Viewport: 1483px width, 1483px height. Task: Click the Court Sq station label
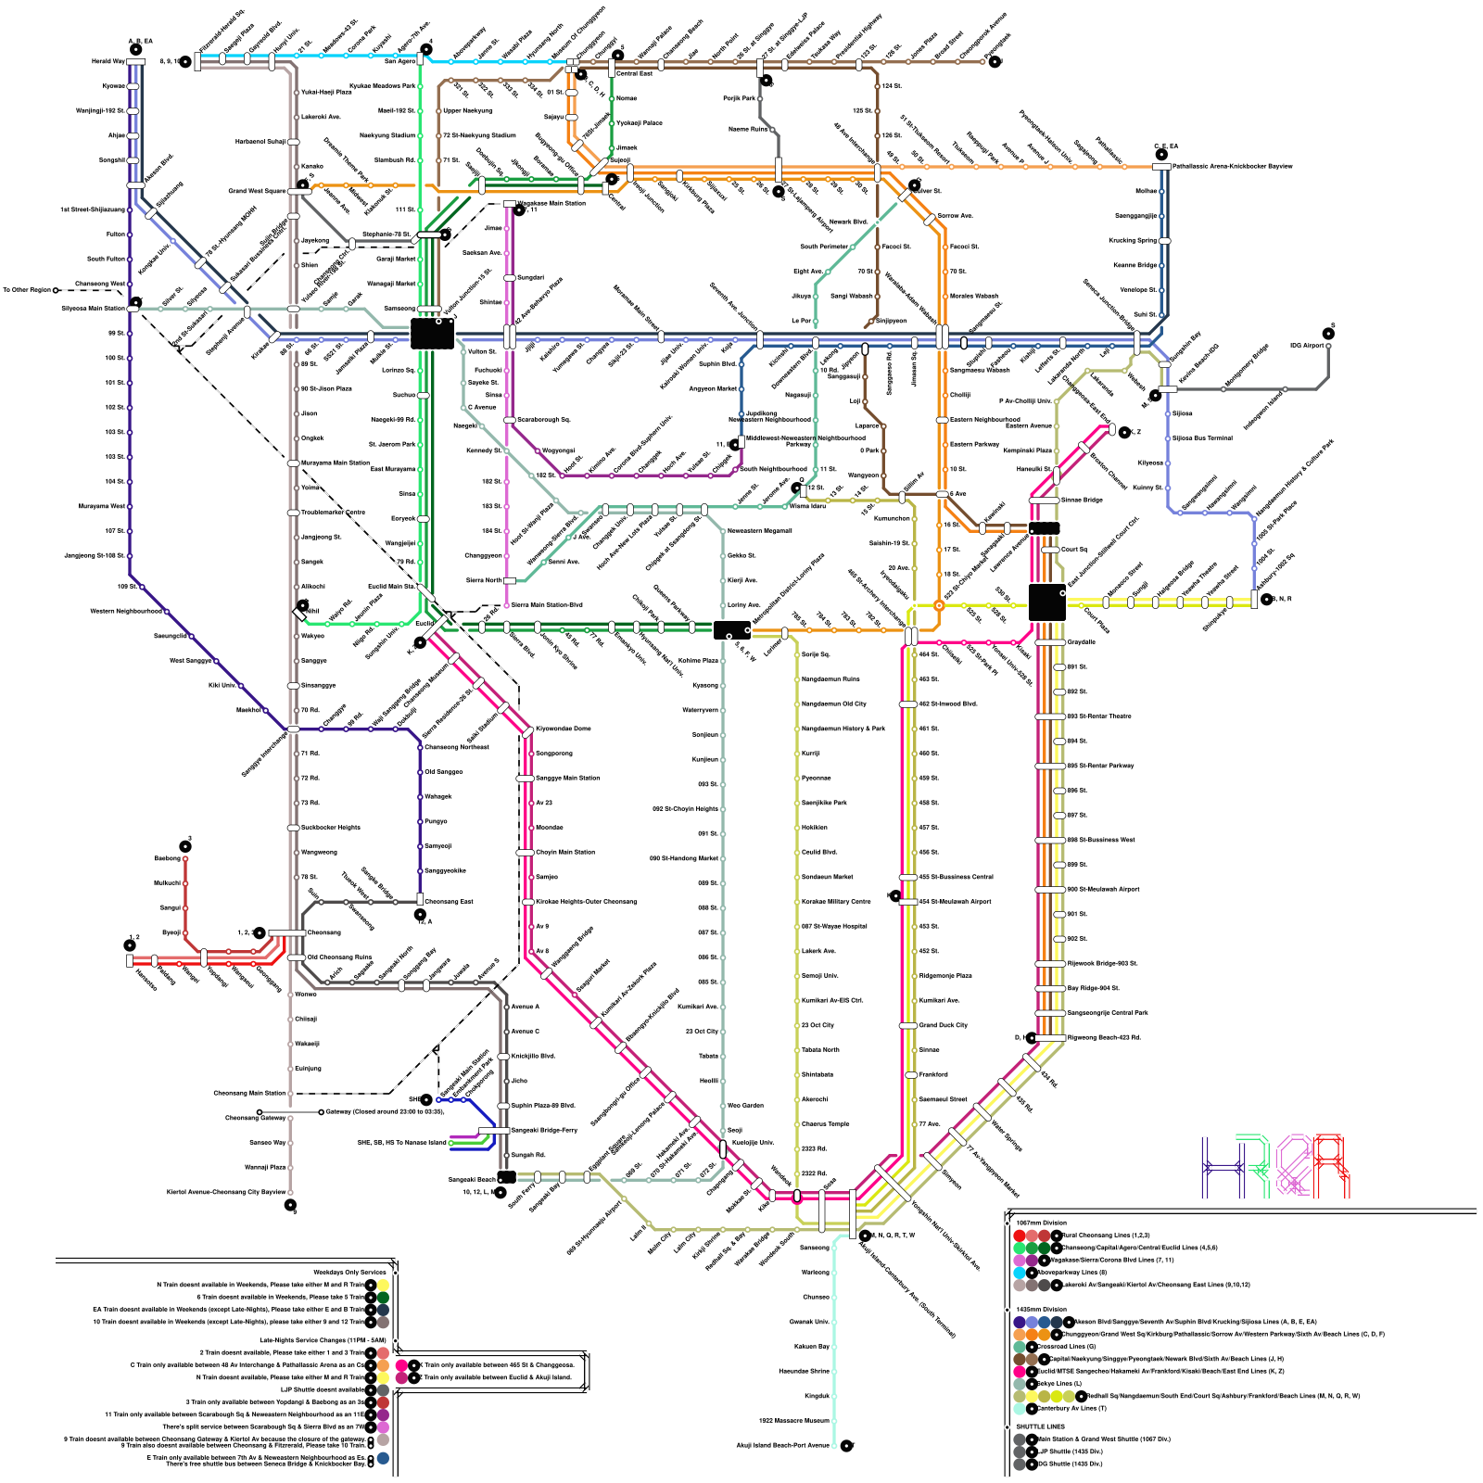[1074, 550]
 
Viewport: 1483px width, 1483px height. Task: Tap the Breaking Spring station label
[1134, 240]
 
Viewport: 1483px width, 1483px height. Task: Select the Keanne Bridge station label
[1135, 265]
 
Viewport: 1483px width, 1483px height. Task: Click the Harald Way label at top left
[108, 61]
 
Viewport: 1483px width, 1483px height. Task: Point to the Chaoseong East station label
[449, 901]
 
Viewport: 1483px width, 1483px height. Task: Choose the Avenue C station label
[525, 1031]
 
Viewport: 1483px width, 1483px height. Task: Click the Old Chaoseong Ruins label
[339, 957]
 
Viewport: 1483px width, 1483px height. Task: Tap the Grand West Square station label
[258, 191]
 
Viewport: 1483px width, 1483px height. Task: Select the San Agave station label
[399, 61]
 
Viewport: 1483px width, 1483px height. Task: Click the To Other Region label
[27, 290]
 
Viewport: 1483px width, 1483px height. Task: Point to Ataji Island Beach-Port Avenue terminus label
[783, 1445]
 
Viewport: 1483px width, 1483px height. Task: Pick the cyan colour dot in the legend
[1020, 1273]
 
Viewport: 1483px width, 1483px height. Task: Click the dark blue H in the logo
[1223, 1167]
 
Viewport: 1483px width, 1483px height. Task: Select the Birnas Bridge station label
[1081, 500]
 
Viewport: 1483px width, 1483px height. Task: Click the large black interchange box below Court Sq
[1046, 602]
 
